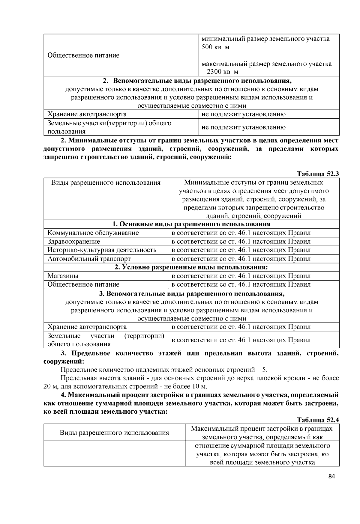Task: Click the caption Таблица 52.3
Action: (318, 174)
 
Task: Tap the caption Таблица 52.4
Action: (318, 420)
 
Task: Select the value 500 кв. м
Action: (215, 47)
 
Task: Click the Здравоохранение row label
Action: (74, 241)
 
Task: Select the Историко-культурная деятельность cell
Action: (102, 250)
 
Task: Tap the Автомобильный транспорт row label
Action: (89, 258)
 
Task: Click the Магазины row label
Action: (63, 276)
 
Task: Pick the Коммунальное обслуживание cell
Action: (93, 233)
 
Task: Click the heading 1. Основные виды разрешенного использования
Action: (191, 224)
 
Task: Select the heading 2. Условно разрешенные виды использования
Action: (191, 267)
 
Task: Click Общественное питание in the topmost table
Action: (83, 55)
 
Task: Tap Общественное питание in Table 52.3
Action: (83, 284)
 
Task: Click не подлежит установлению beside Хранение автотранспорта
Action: (244, 114)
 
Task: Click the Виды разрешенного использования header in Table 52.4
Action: (114, 433)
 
